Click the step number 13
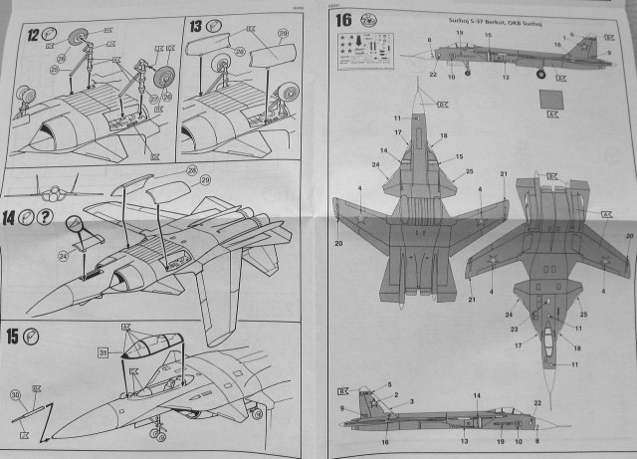point(195,26)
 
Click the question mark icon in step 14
point(46,217)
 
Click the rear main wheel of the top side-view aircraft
point(540,73)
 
